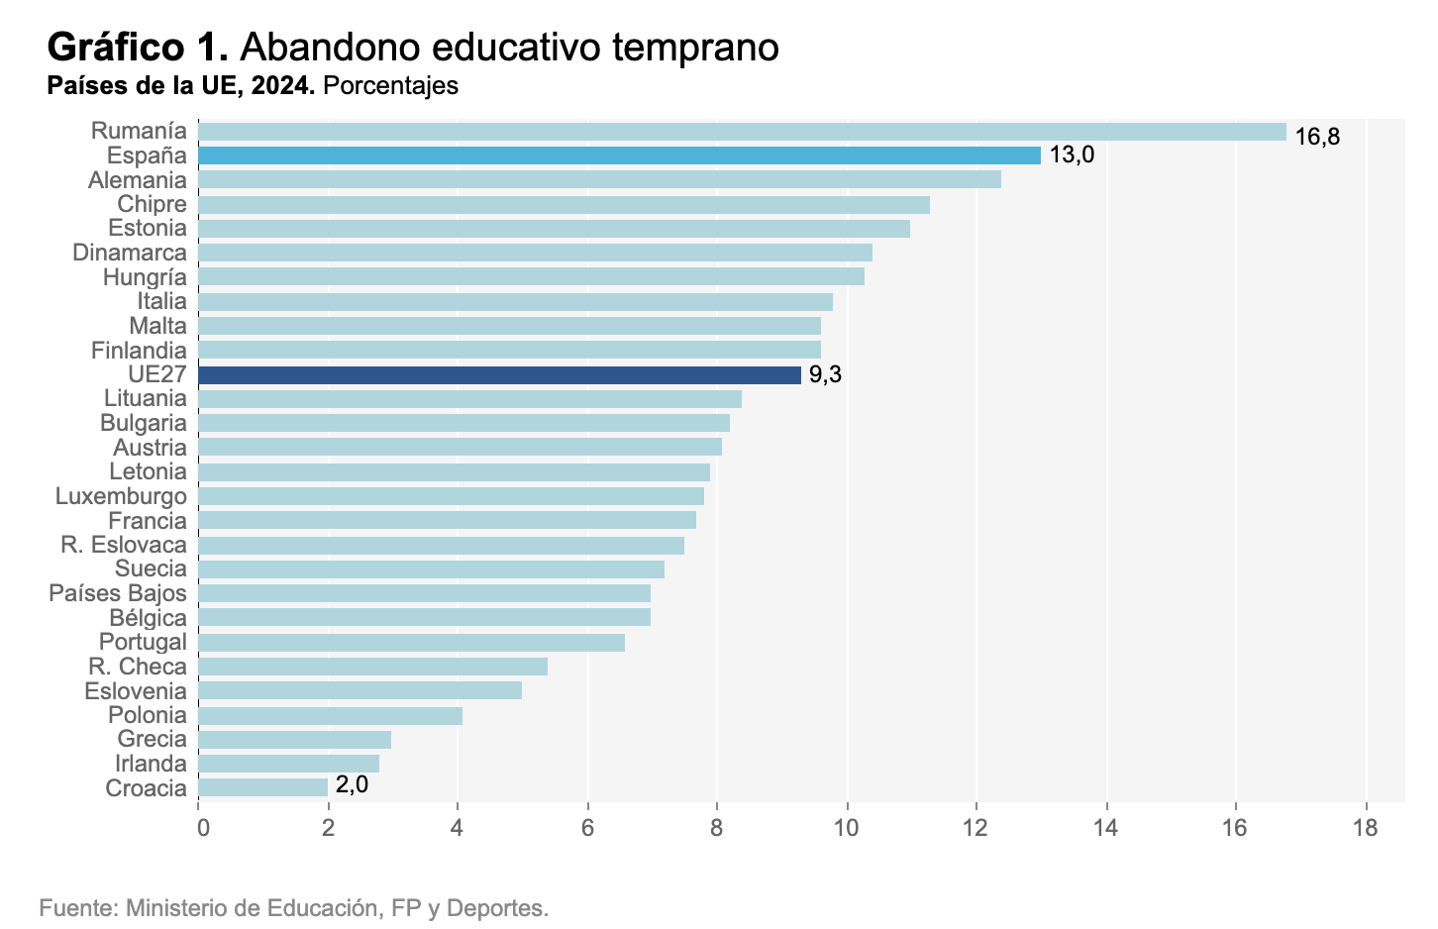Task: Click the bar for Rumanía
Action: [x=742, y=132]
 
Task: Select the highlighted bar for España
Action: [x=619, y=155]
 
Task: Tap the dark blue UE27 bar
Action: [x=499, y=374]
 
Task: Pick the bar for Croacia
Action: [x=262, y=787]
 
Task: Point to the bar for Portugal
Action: [x=411, y=642]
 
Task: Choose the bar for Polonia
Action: [x=330, y=715]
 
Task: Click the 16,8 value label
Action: [x=1317, y=137]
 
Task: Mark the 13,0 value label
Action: [x=1072, y=155]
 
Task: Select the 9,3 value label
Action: [x=825, y=374]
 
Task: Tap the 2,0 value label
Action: [x=352, y=784]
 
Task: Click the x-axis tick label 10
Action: [x=847, y=828]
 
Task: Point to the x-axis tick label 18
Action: [x=1366, y=828]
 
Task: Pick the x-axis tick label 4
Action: [x=458, y=828]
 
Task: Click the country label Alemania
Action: [x=137, y=180]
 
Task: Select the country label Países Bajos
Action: [x=118, y=593]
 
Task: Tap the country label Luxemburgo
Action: [x=121, y=496]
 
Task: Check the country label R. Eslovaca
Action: [x=124, y=545]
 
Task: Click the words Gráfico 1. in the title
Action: [x=138, y=47]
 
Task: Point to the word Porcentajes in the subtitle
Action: [x=390, y=86]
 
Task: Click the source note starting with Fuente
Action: [x=293, y=907]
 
